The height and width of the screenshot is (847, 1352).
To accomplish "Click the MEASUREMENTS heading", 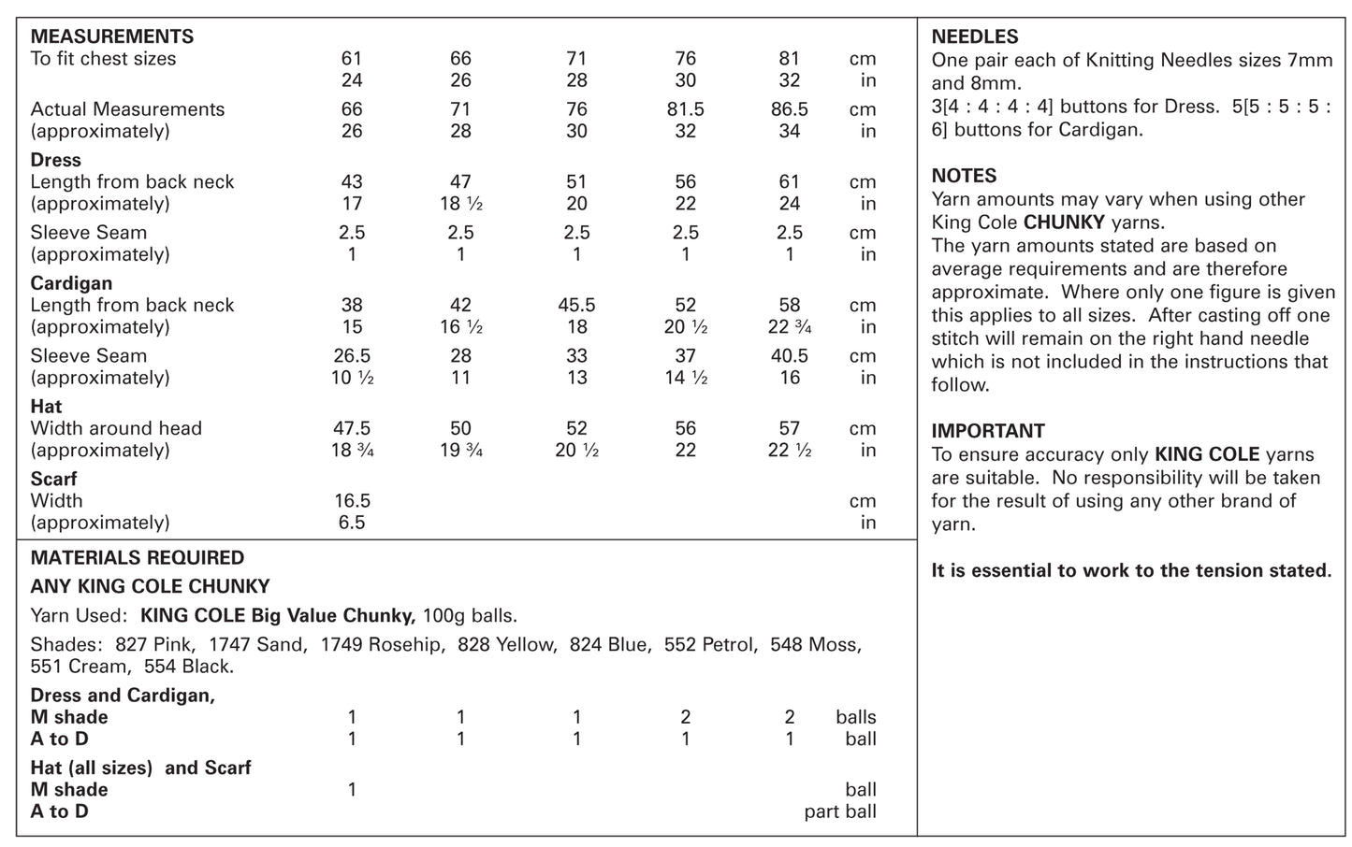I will (x=112, y=36).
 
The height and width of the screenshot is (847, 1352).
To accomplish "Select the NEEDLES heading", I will (x=975, y=37).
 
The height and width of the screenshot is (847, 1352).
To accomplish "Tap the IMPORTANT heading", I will (x=988, y=431).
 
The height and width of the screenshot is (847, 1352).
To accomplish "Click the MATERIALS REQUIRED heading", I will (x=138, y=558).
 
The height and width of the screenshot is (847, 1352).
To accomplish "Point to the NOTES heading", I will (x=964, y=176).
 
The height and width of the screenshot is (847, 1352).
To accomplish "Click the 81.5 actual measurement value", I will (x=685, y=109).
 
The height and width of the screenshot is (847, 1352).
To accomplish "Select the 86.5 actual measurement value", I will (x=789, y=109).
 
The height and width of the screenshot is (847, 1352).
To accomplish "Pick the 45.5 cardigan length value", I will (x=576, y=306).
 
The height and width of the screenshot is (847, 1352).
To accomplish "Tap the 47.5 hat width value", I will (x=352, y=428).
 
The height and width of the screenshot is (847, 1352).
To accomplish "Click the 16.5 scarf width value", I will (x=352, y=501).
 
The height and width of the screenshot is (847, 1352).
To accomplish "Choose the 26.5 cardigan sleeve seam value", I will (x=352, y=356).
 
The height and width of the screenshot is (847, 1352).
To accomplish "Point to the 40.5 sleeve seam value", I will (x=789, y=356).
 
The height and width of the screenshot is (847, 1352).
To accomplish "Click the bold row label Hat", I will (x=46, y=407).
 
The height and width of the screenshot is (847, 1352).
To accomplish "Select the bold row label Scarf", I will (x=53, y=480).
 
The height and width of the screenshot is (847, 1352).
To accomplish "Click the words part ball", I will (x=839, y=811).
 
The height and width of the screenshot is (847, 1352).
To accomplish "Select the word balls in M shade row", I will (x=855, y=718).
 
